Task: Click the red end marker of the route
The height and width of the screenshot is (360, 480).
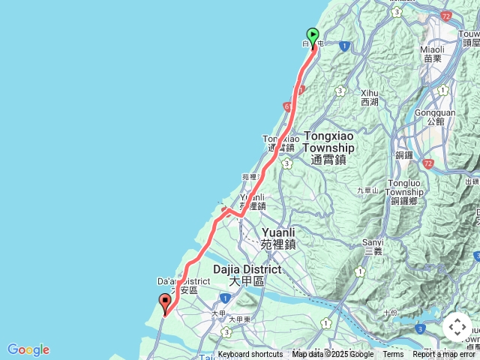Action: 165,303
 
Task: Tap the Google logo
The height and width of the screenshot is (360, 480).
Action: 28,349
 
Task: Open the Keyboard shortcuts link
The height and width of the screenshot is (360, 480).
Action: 250,355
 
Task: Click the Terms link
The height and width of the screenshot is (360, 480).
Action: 393,355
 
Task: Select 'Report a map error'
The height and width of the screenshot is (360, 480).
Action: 444,355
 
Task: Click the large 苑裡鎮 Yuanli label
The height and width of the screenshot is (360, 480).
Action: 278,238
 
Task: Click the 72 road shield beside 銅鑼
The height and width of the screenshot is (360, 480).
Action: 427,163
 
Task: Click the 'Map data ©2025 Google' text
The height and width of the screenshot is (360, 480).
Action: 333,355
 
